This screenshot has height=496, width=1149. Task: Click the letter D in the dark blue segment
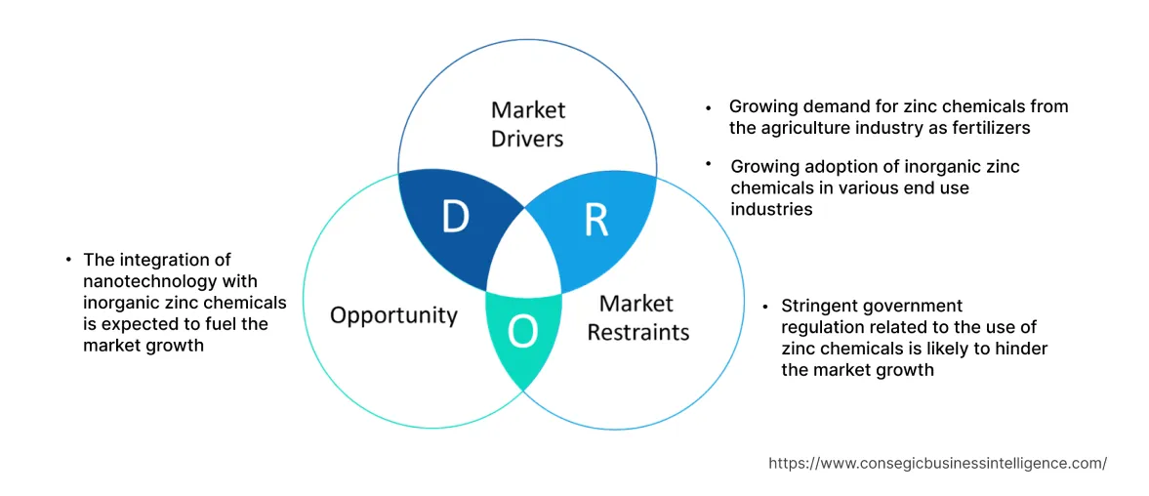point(455,217)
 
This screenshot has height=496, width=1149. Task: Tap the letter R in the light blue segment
point(596,222)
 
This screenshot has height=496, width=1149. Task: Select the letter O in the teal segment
point(523,333)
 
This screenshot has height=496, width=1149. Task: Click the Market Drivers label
point(527,124)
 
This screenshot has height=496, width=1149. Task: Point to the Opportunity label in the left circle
point(393,315)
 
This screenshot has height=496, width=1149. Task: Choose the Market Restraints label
point(637,317)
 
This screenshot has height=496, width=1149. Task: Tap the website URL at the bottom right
point(937,464)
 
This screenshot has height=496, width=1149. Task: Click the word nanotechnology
point(144,280)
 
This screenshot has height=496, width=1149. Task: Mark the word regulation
point(822,327)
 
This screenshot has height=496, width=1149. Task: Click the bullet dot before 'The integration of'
point(68,260)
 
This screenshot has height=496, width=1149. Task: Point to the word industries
point(771,209)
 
